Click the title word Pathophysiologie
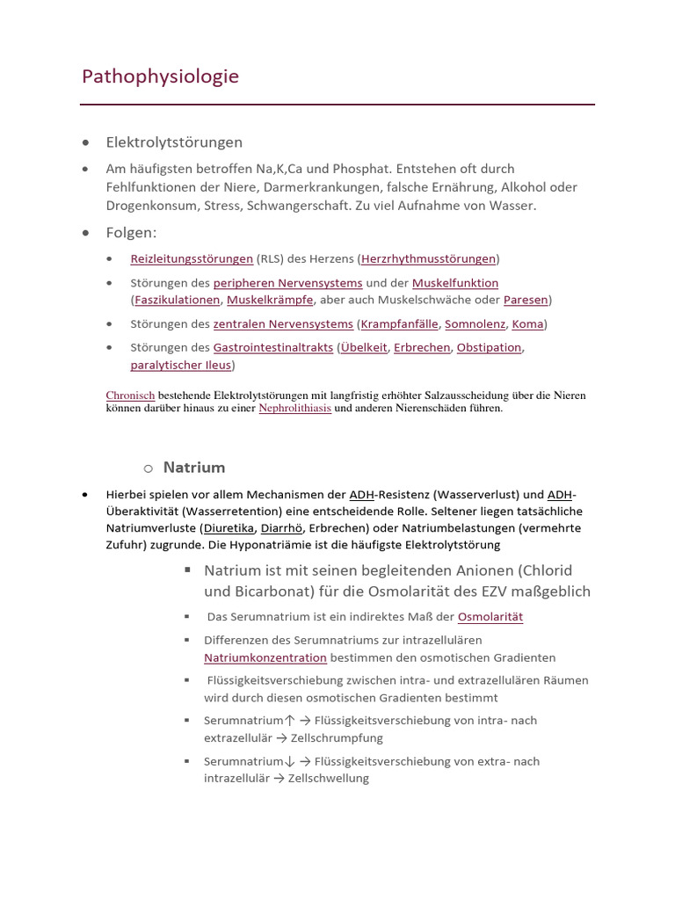click(x=160, y=77)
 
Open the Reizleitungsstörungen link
click(x=192, y=259)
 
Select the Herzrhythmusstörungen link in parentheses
click(x=428, y=259)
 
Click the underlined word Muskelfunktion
click(x=454, y=283)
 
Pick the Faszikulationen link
click(x=177, y=300)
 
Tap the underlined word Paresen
click(x=526, y=300)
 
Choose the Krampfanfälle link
click(x=399, y=324)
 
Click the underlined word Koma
click(x=527, y=324)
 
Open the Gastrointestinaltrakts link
click(x=272, y=348)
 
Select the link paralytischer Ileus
click(x=180, y=365)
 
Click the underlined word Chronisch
click(x=130, y=396)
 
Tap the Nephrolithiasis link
click(x=294, y=409)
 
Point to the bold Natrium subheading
click(x=194, y=468)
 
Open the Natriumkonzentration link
click(x=265, y=657)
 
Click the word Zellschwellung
click(x=328, y=779)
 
